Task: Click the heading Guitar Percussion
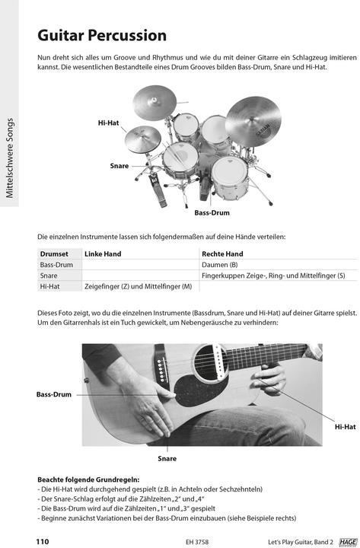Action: click(101, 36)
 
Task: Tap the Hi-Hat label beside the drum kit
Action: click(109, 122)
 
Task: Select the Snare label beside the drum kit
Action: click(119, 165)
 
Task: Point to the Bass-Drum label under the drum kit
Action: click(212, 213)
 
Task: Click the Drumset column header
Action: click(54, 253)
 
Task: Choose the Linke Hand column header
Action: click(103, 253)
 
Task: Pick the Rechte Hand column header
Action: click(222, 253)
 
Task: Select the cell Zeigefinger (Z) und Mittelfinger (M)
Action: click(138, 286)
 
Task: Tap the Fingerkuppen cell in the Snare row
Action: click(273, 276)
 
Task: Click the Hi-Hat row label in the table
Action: click(50, 286)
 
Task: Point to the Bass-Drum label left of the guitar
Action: click(53, 394)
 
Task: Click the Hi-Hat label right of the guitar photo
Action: click(345, 427)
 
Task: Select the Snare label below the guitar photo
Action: click(167, 458)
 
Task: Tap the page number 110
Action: click(43, 541)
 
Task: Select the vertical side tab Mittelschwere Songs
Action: click(11, 158)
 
